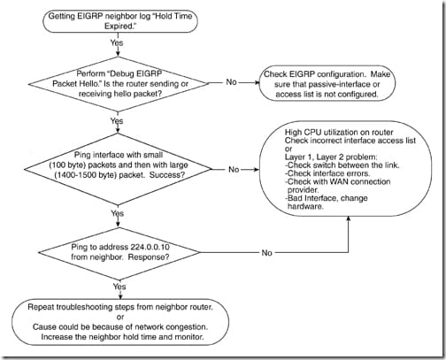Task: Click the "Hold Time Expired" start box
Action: click(x=120, y=21)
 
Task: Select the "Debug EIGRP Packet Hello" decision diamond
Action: click(x=118, y=84)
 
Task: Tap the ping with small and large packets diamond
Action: click(x=118, y=169)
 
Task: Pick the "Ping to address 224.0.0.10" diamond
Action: click(x=119, y=253)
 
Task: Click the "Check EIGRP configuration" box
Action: click(x=327, y=84)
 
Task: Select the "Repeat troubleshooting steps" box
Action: click(x=120, y=322)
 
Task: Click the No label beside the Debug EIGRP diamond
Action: click(x=231, y=82)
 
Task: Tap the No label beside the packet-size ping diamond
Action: click(x=234, y=169)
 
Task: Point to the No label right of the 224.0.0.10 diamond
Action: click(x=266, y=253)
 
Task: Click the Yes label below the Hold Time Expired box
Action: click(x=117, y=42)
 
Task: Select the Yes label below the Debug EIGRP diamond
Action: click(x=117, y=120)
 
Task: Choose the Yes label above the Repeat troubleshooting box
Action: click(x=119, y=287)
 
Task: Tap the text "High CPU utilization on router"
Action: click(x=339, y=133)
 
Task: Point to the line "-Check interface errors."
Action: click(x=327, y=173)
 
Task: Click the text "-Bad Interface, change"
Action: click(x=327, y=198)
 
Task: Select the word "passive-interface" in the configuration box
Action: click(x=339, y=84)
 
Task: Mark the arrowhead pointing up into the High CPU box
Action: click(x=349, y=218)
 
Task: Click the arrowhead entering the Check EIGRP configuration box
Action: click(x=256, y=82)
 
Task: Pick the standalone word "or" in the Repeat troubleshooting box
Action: click(x=120, y=318)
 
